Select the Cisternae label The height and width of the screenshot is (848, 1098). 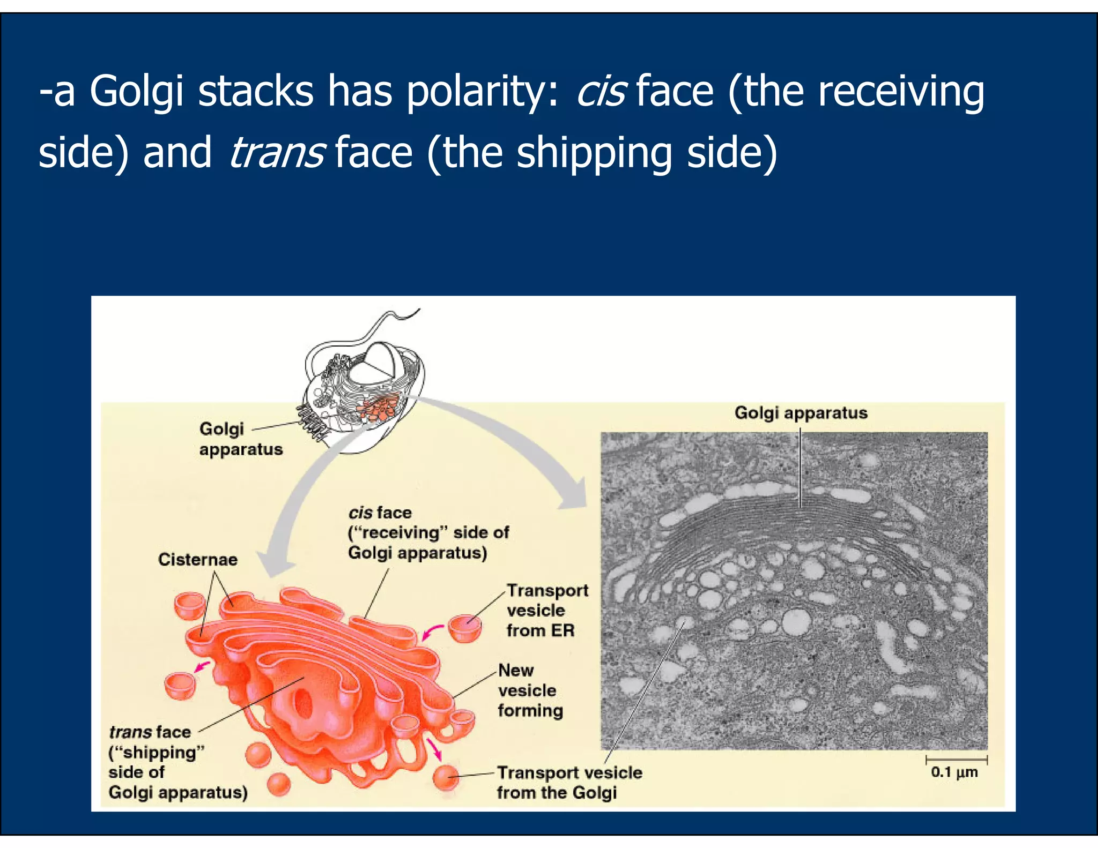(x=197, y=560)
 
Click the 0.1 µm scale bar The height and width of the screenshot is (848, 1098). (x=956, y=760)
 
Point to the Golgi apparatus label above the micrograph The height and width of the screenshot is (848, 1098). (x=800, y=413)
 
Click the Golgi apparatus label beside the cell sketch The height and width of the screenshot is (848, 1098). (x=240, y=438)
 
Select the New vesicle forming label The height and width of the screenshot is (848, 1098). (x=530, y=690)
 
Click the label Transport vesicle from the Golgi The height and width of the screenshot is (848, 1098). (x=568, y=783)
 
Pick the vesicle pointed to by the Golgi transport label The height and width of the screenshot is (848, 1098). (x=446, y=777)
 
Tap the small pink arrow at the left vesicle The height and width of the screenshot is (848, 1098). (x=202, y=667)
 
